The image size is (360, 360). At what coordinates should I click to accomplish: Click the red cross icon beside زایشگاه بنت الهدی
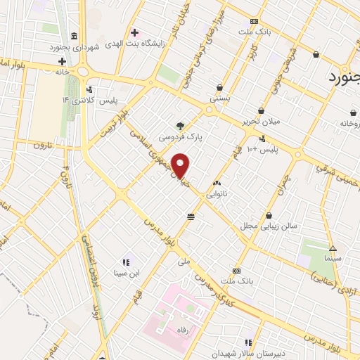[x=134, y=32]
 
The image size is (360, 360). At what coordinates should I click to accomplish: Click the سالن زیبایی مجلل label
[x=269, y=226]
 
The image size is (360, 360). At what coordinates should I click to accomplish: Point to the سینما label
[x=333, y=258]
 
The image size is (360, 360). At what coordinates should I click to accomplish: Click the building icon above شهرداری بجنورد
[x=75, y=36]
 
